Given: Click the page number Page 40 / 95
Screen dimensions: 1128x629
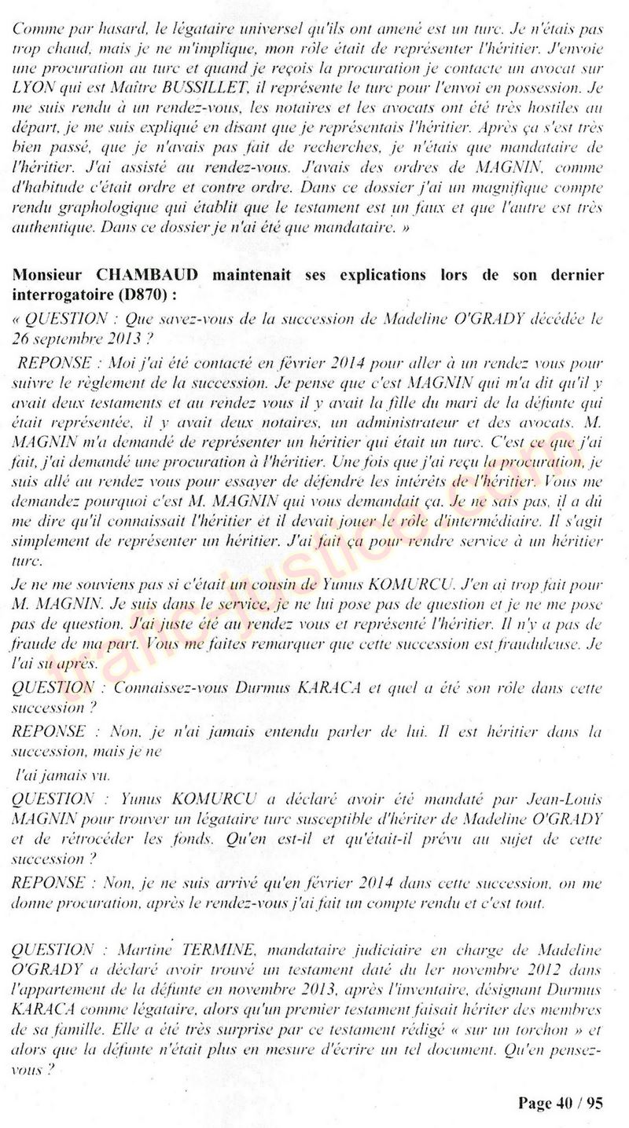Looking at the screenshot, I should (x=560, y=1103).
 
